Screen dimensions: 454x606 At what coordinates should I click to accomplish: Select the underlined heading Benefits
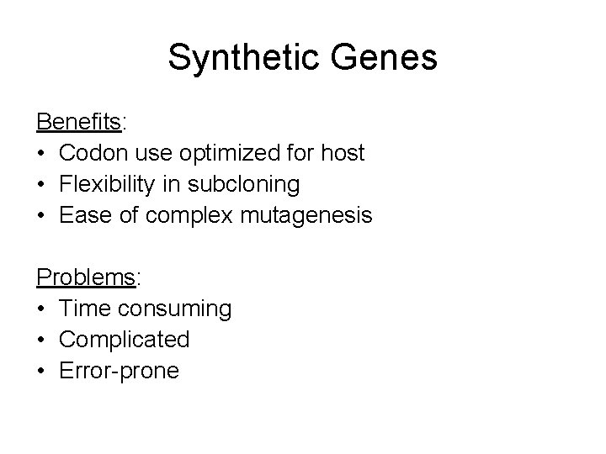point(79,123)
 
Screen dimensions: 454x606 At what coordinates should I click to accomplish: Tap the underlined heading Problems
point(82,277)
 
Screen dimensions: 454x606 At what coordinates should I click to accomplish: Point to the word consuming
point(176,309)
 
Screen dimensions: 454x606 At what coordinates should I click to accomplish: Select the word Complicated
point(125,340)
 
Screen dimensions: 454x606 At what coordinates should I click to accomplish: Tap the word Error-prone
point(119,371)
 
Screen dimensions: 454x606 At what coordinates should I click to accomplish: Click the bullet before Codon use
point(41,154)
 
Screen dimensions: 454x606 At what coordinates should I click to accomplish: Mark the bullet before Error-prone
point(41,371)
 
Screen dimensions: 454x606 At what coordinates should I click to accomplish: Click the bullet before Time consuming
point(41,309)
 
